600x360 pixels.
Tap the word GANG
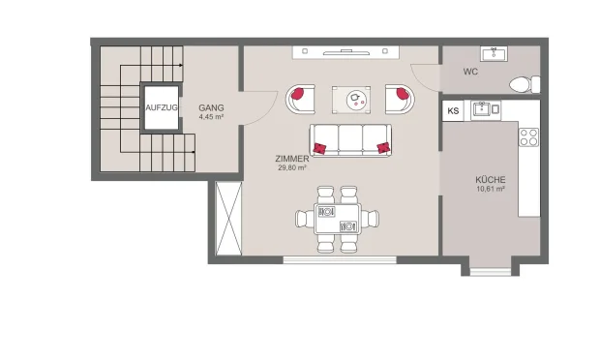click(x=211, y=107)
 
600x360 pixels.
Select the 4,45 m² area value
click(x=211, y=117)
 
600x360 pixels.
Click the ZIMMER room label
click(x=291, y=158)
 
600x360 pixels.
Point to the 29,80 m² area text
click(x=291, y=167)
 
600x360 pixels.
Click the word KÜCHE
click(x=491, y=180)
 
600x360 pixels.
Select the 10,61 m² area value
click(x=491, y=190)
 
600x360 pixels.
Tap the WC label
click(x=470, y=72)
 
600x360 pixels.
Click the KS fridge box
click(x=453, y=111)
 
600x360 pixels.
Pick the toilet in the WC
click(x=521, y=83)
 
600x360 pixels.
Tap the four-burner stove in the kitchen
click(x=528, y=138)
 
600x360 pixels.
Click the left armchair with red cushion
click(x=300, y=97)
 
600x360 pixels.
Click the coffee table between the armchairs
click(x=349, y=97)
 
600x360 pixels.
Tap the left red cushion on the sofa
click(x=320, y=147)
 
